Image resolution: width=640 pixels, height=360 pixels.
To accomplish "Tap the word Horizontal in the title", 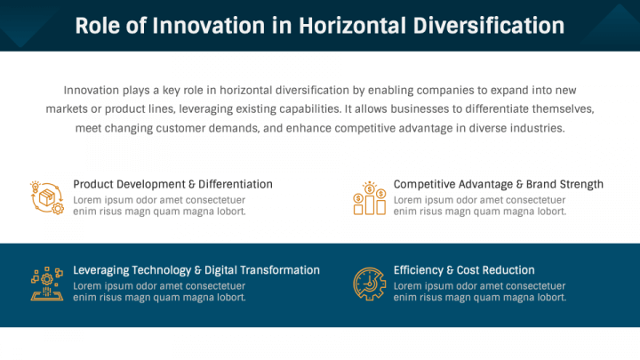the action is click(x=352, y=25).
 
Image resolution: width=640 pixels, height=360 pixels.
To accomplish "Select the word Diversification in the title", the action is click(x=489, y=25).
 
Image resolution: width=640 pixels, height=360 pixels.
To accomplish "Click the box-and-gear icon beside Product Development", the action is click(x=47, y=197).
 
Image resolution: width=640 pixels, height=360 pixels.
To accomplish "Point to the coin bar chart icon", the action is click(x=370, y=198).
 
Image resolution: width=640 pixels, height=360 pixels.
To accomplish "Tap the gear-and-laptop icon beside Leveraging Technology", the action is click(x=47, y=284).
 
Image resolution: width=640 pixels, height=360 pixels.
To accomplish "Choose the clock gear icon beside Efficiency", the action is click(x=370, y=284).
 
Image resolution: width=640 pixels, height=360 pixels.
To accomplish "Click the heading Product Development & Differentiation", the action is click(x=172, y=185).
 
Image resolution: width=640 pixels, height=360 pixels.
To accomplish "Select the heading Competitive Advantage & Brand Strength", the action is click(x=499, y=185).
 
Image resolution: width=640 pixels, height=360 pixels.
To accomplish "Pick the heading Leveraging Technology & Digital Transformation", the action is click(x=196, y=270).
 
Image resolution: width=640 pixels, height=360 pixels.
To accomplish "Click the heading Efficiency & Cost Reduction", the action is click(x=464, y=270).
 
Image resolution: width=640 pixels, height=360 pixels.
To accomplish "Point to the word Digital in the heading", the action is click(x=220, y=270).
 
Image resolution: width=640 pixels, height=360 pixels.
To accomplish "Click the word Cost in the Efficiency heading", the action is click(x=468, y=270).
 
